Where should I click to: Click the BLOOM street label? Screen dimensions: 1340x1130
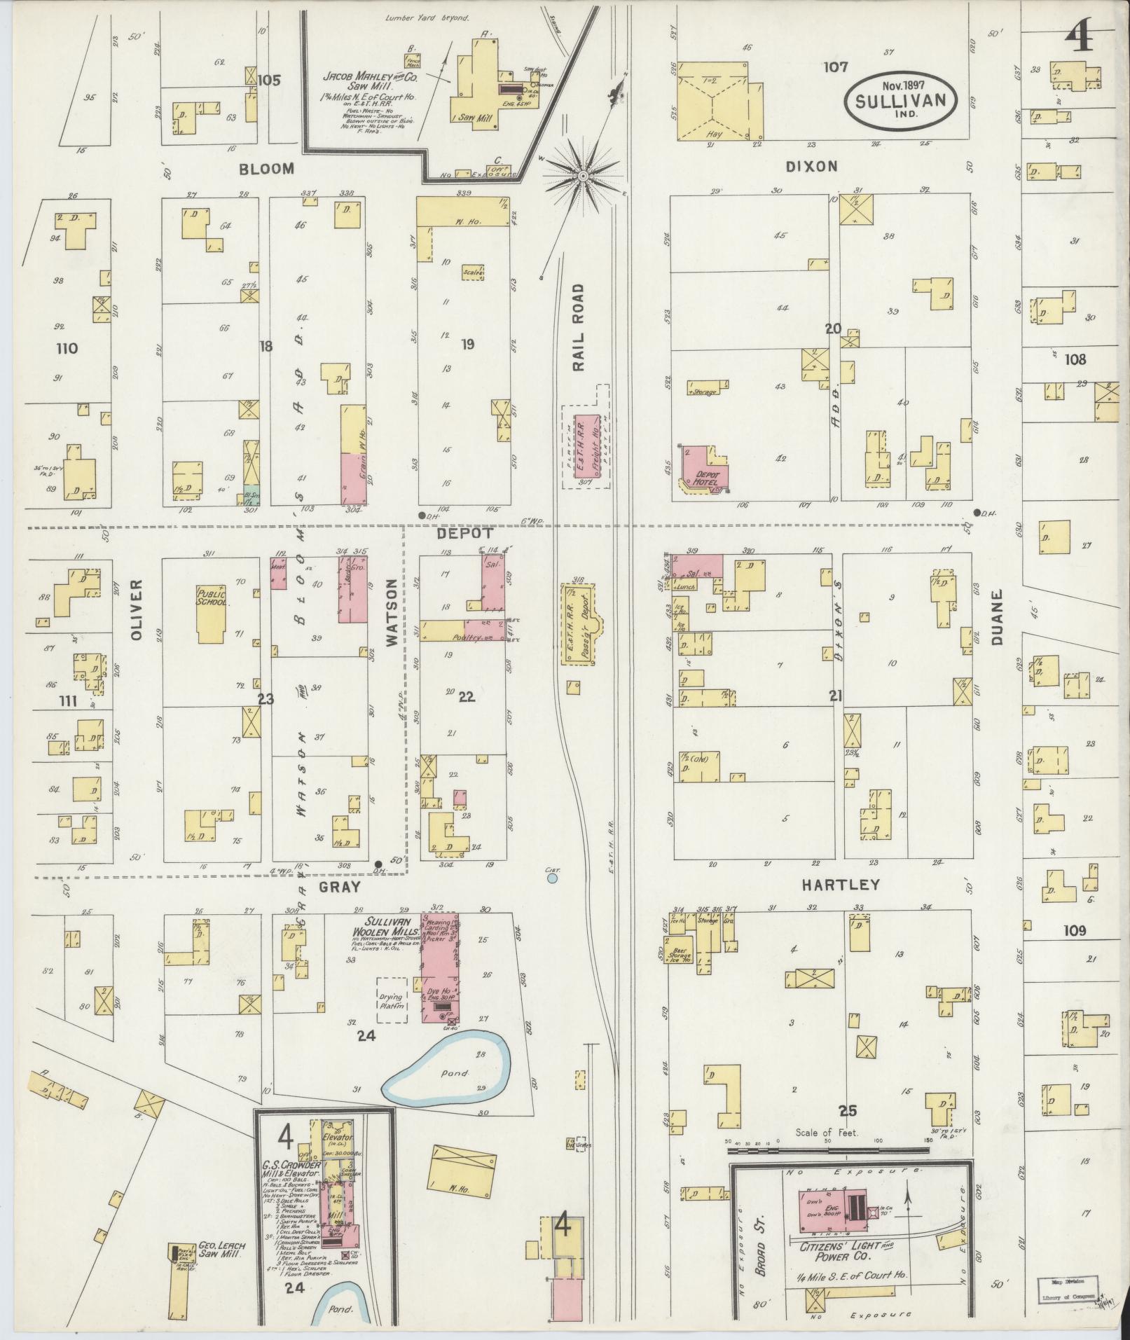(x=266, y=170)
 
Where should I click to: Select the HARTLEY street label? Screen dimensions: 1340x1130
(x=840, y=885)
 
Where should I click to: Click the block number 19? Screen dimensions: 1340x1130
(x=468, y=344)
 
